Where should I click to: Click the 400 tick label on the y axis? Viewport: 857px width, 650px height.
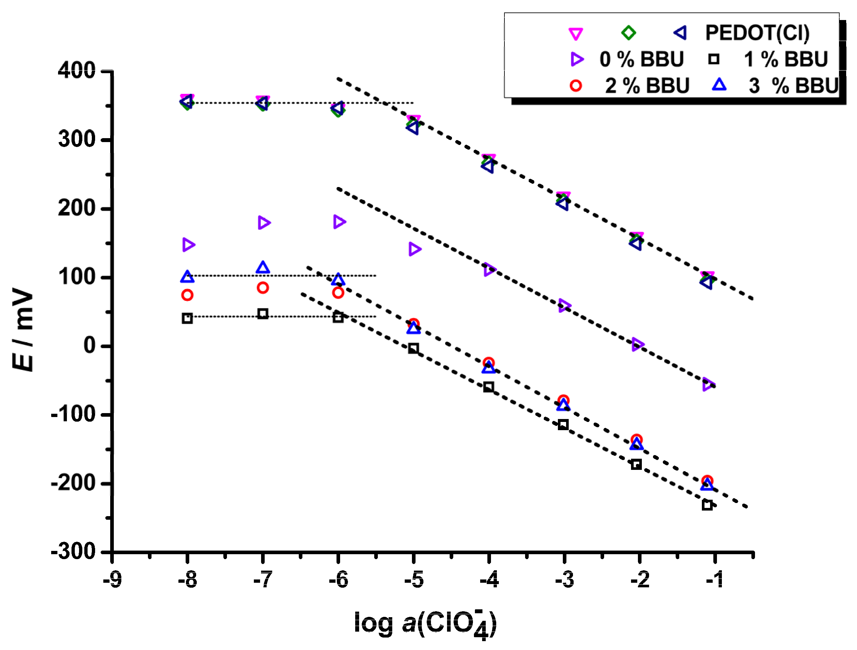pos(76,71)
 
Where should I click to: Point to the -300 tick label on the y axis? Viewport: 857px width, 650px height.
pos(73,551)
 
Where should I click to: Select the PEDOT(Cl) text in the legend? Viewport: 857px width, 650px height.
pos(757,32)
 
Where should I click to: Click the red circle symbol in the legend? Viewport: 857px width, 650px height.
pos(576,86)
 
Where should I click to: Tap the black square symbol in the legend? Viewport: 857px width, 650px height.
pos(713,59)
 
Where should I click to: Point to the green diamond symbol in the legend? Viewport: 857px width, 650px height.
pos(628,32)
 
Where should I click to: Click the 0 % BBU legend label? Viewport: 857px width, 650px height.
pos(642,59)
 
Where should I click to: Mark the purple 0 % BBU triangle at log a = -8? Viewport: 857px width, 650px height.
pos(188,244)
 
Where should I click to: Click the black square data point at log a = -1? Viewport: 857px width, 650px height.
pos(707,505)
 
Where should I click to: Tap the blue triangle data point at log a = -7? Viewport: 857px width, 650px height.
pos(263,267)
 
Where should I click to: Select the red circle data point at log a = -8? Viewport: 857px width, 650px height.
pos(187,295)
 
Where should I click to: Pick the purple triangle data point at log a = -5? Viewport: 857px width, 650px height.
pos(415,249)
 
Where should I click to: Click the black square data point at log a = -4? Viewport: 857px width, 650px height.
pos(489,387)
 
